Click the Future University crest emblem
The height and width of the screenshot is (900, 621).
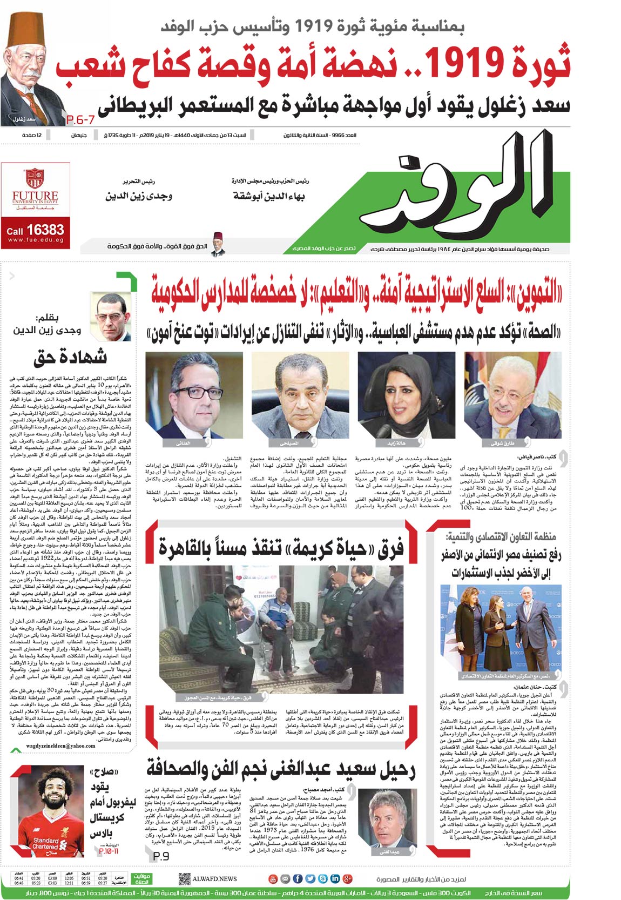point(35,178)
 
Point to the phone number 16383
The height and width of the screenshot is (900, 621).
point(45,230)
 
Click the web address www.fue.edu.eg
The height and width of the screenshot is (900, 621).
point(36,240)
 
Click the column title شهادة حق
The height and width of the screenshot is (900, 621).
point(70,358)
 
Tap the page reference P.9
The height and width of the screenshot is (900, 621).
point(161,856)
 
